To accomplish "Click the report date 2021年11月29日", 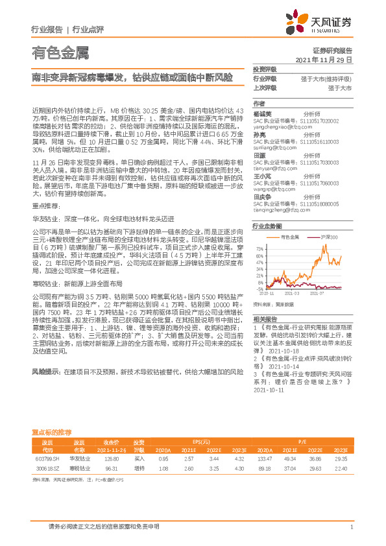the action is point(324,59).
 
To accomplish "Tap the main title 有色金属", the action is point(60,52).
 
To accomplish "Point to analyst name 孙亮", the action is point(259,134).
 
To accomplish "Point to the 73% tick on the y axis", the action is point(259,248).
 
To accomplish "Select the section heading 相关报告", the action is point(265,318).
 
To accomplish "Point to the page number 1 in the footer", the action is point(351,528).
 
